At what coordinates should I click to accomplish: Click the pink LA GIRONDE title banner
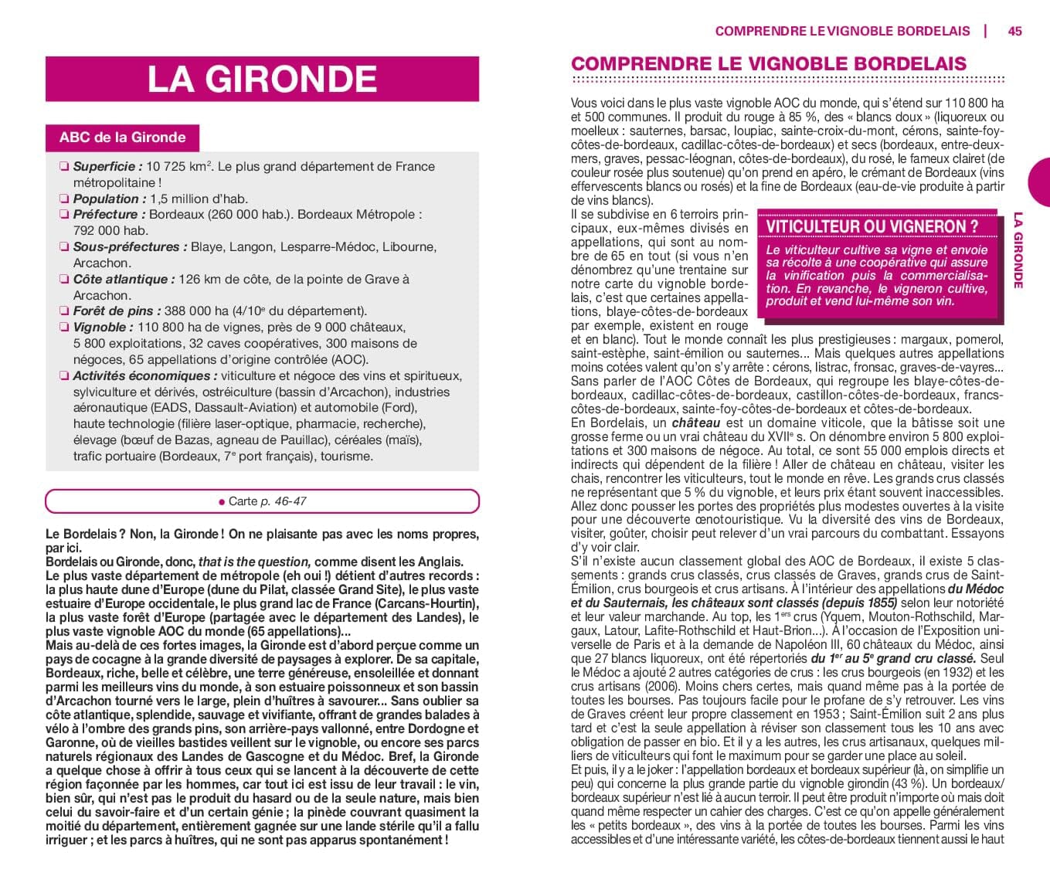tap(262, 79)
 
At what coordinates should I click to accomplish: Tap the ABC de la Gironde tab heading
tap(122, 138)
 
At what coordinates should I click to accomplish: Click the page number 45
tap(1014, 31)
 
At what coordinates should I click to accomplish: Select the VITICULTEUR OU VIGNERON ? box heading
tap(872, 226)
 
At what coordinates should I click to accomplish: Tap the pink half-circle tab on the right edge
tap(1039, 182)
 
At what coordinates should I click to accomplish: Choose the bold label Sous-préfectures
tap(130, 247)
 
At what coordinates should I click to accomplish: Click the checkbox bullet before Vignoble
tap(63, 328)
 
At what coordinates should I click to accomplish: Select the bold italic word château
tap(695, 423)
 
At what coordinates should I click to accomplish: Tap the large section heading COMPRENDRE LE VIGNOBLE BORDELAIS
tap(768, 63)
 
